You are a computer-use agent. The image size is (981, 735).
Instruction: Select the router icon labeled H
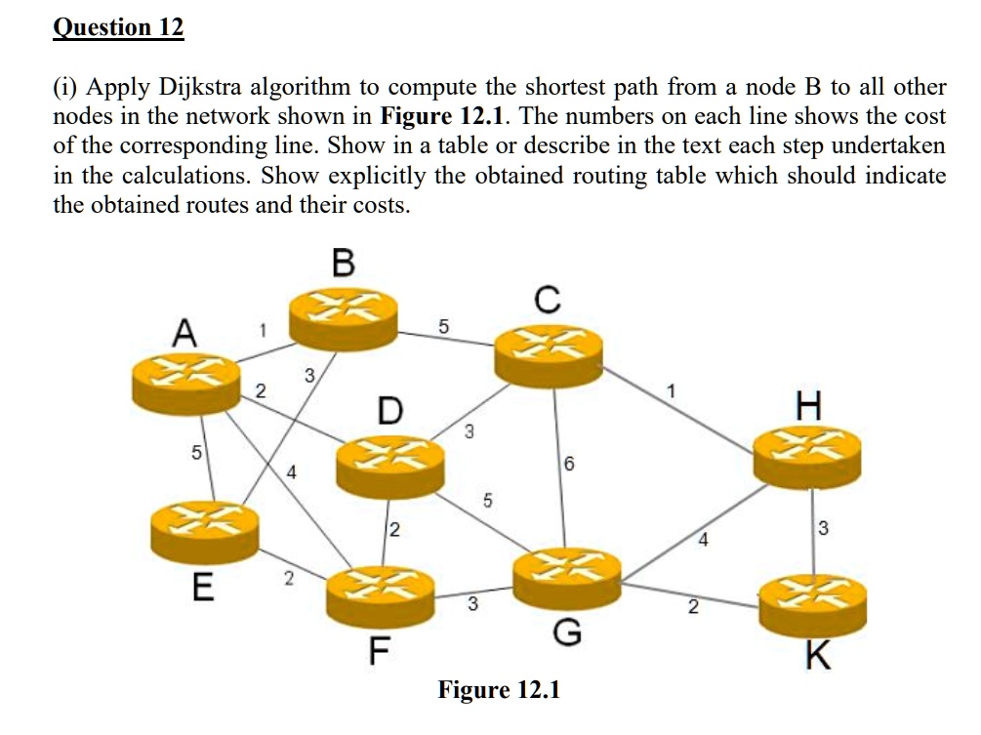[807, 456]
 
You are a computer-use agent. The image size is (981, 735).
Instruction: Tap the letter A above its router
[185, 334]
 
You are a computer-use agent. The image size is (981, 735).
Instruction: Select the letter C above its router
[549, 301]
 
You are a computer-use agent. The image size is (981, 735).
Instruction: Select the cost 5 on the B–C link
[444, 326]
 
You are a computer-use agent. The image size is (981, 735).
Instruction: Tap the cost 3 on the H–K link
[823, 529]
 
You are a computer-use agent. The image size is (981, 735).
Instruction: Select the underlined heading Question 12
[117, 26]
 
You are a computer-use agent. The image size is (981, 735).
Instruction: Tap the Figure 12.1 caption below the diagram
[499, 690]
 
